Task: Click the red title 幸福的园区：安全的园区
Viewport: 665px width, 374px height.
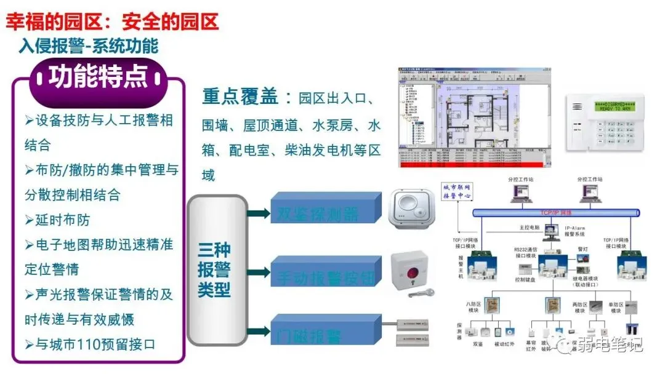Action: (x=113, y=23)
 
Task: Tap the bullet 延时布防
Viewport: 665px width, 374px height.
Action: (x=61, y=220)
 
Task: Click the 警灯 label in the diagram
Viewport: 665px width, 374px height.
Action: (x=582, y=250)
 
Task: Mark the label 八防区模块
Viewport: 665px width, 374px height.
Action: (x=474, y=308)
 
